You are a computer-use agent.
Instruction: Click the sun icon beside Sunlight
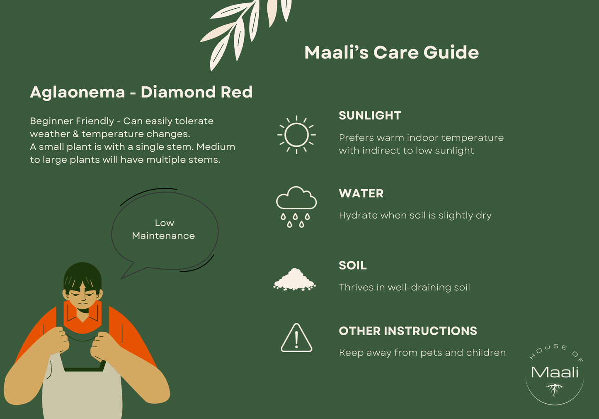click(x=296, y=135)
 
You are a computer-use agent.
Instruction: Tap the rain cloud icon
click(x=296, y=207)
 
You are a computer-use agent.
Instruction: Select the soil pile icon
click(x=294, y=279)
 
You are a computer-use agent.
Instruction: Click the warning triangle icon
click(x=296, y=338)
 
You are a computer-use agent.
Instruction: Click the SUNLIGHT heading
click(x=370, y=116)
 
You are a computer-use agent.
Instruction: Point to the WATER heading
click(x=361, y=193)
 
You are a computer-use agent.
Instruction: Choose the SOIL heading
click(x=353, y=266)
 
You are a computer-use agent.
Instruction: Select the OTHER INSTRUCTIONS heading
click(x=408, y=331)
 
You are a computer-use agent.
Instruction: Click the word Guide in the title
click(x=451, y=52)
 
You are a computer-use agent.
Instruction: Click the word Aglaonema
click(x=78, y=93)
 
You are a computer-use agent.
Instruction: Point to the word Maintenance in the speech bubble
click(x=163, y=236)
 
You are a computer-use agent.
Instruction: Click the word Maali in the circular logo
click(x=555, y=372)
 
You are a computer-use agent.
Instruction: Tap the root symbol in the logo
click(x=555, y=390)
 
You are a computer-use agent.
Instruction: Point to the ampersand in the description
click(x=76, y=134)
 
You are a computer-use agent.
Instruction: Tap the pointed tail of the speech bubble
click(x=121, y=278)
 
